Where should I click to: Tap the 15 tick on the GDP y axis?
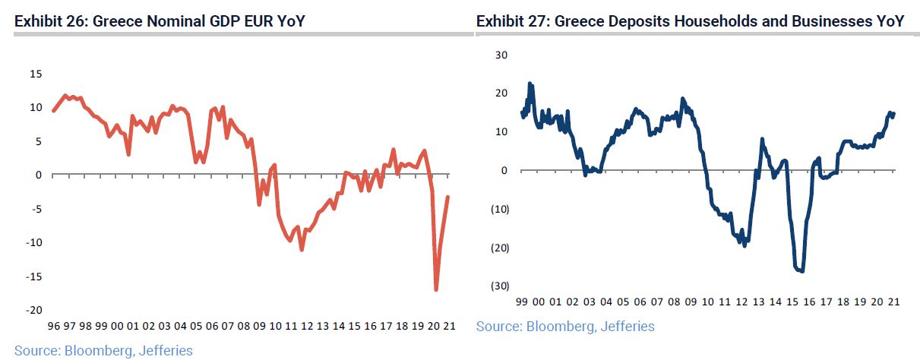(36, 74)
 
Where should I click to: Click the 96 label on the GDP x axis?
(53, 327)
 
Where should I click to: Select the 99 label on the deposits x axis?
(522, 302)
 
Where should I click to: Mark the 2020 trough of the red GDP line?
(436, 290)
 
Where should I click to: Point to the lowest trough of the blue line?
(801, 271)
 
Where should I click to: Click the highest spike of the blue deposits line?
(530, 84)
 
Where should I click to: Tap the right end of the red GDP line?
(448, 197)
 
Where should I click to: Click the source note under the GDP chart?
(103, 350)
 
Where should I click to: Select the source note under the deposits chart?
(565, 327)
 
